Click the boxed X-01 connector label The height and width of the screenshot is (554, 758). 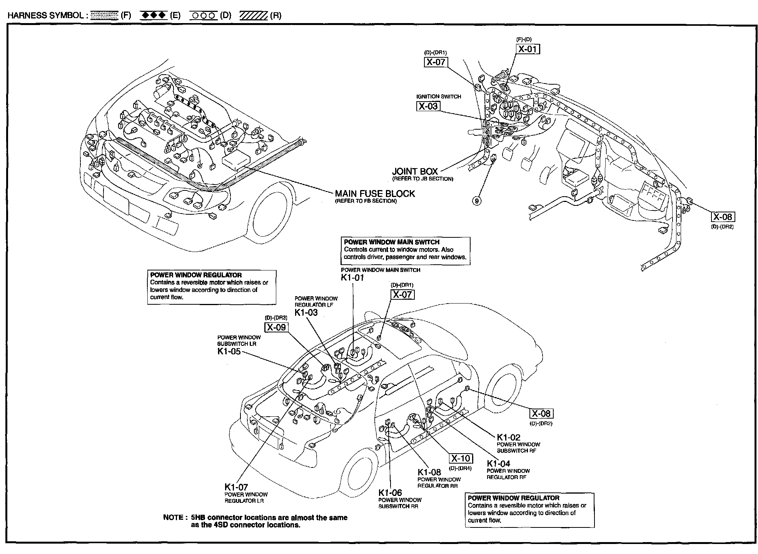(x=528, y=49)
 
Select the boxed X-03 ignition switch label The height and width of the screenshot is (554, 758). (x=428, y=106)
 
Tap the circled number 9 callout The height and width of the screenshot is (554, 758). (x=477, y=200)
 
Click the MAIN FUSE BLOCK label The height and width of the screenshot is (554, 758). (x=375, y=194)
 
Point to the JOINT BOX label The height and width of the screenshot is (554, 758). (x=415, y=171)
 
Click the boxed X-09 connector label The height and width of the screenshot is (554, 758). (x=276, y=327)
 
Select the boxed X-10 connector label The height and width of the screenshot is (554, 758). (x=461, y=459)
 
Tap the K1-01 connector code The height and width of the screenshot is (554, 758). (x=352, y=277)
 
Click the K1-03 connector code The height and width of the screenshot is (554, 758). (x=306, y=312)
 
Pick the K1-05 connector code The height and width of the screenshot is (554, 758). (x=229, y=351)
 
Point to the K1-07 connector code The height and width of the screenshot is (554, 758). (x=236, y=487)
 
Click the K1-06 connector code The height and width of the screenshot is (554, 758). (x=390, y=493)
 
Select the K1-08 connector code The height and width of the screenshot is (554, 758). (x=429, y=472)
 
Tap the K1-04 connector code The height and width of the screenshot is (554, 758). (x=498, y=464)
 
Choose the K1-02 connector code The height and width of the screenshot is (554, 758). (x=508, y=437)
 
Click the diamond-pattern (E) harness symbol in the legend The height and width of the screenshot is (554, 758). (x=154, y=15)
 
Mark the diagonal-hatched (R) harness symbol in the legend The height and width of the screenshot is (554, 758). (x=253, y=15)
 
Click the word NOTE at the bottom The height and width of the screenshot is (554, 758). (x=173, y=517)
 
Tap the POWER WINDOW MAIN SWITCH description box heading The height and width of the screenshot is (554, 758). (x=392, y=242)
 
